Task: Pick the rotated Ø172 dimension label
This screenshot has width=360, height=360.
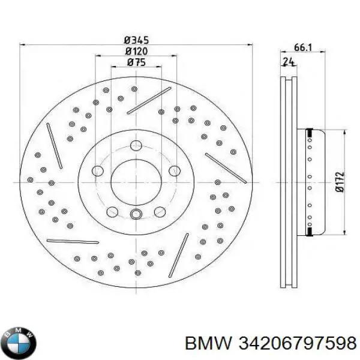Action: tap(340, 181)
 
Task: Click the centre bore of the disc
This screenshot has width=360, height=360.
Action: tap(136, 178)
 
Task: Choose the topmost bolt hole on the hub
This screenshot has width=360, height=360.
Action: tap(136, 145)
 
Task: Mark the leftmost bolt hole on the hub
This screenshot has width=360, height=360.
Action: tap(97, 172)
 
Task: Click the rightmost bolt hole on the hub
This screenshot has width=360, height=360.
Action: tap(174, 172)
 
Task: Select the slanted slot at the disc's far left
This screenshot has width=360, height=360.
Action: tap(55, 146)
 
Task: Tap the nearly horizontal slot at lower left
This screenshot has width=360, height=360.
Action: tap(73, 242)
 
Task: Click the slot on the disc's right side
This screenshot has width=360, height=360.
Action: tap(226, 168)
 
